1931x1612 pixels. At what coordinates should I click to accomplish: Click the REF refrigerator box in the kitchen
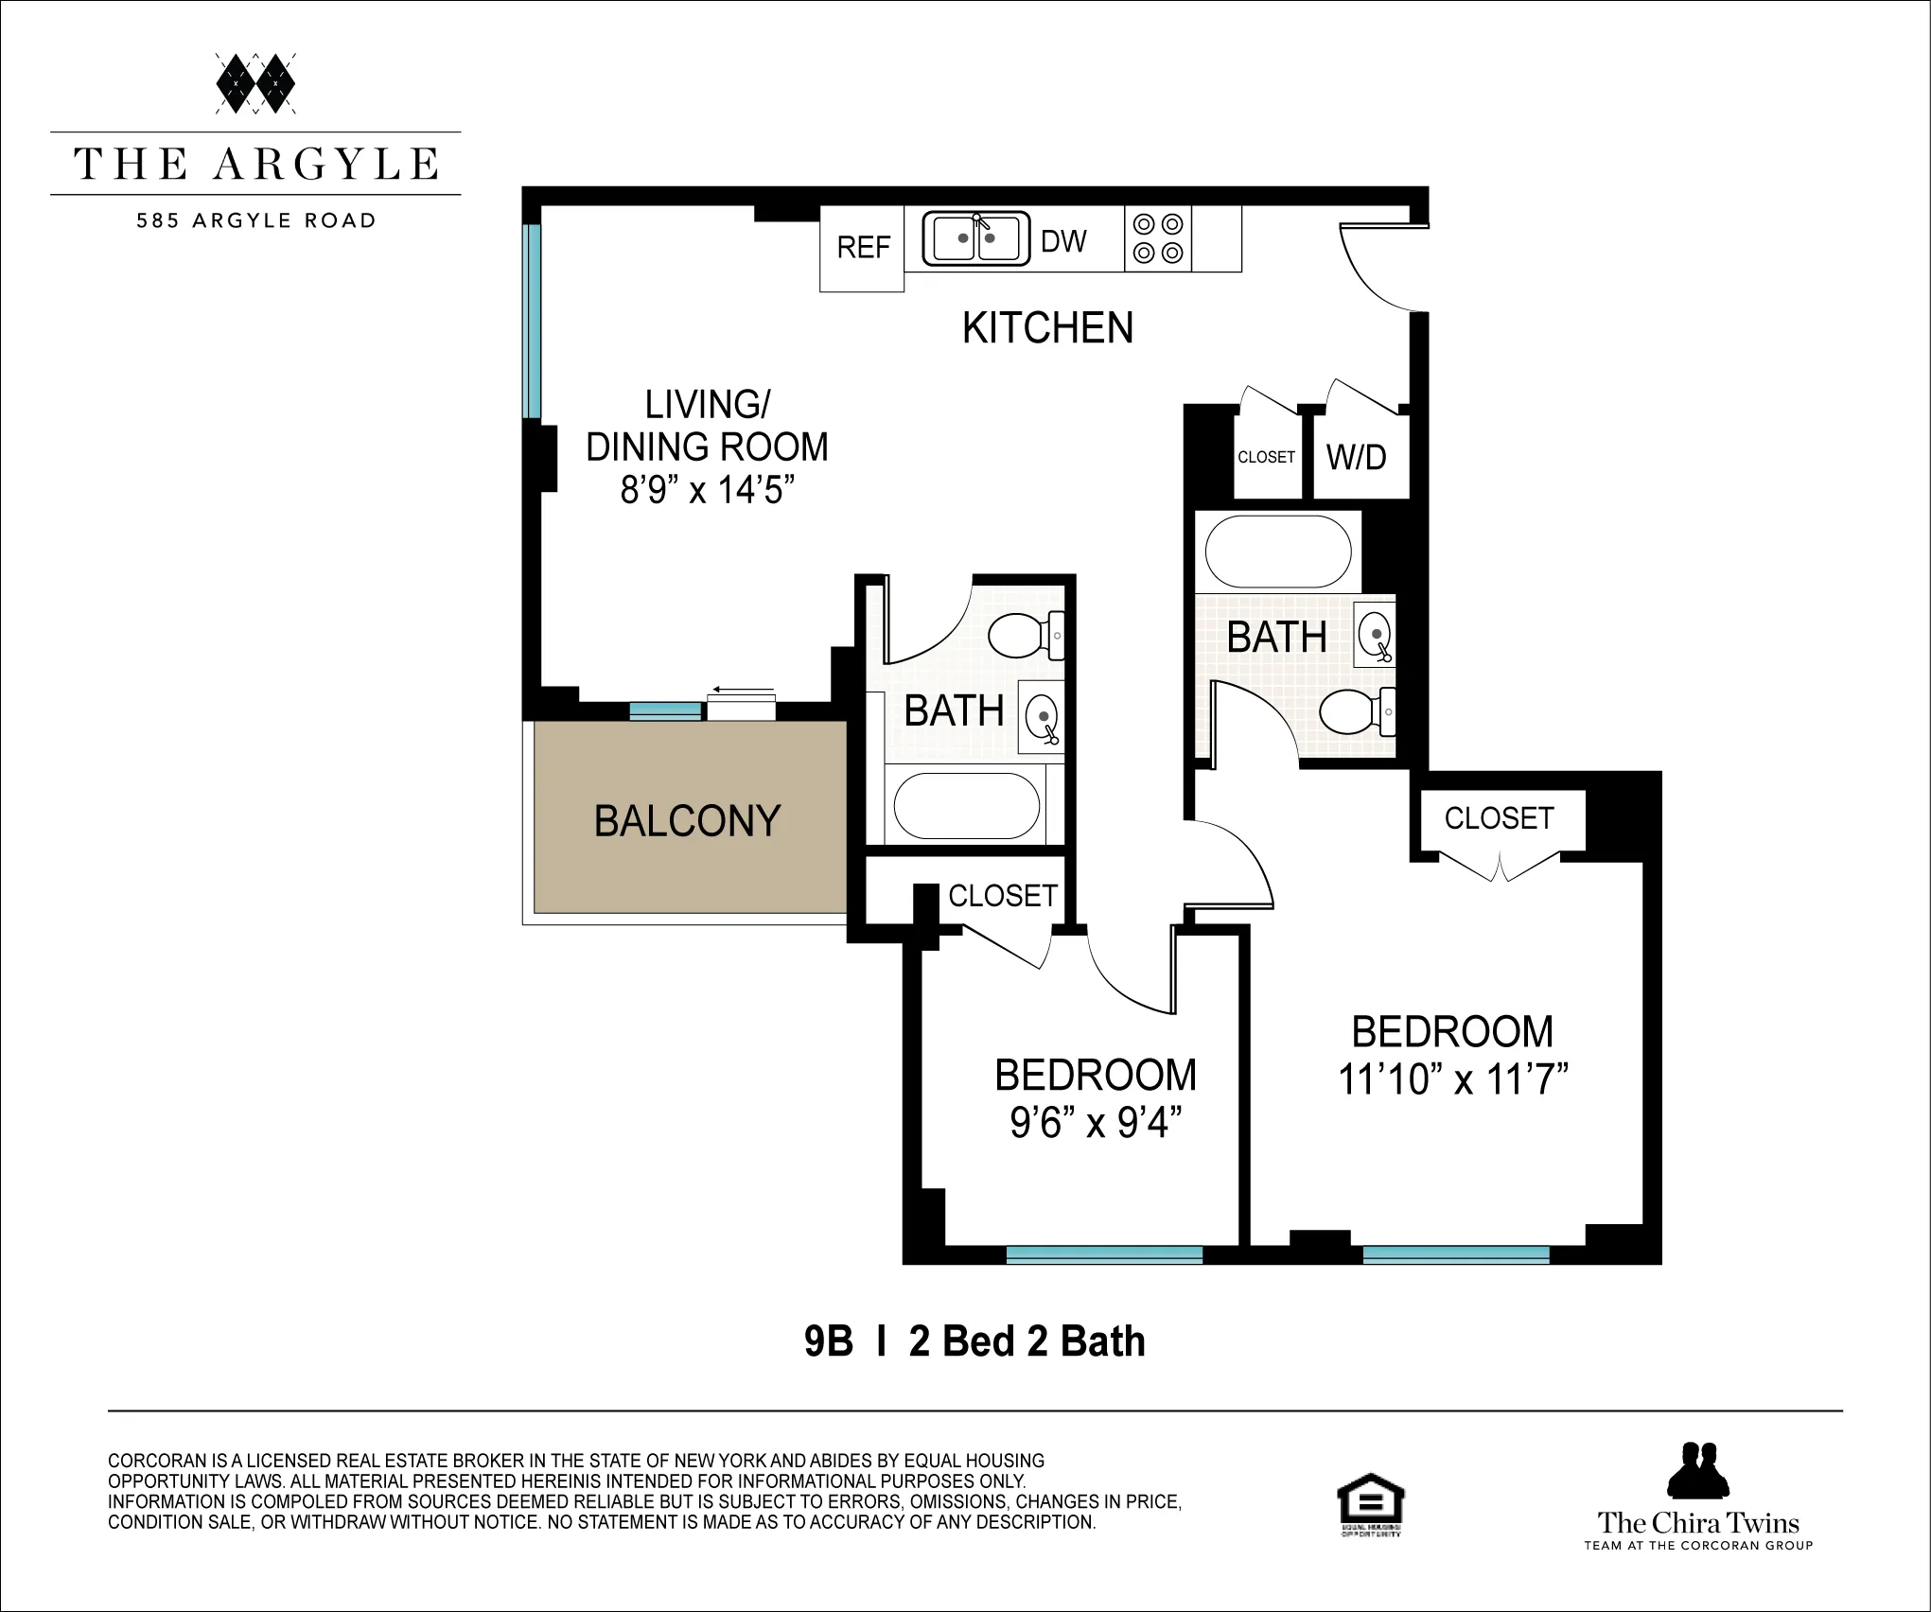862,248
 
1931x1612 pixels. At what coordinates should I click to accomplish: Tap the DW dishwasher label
1063,242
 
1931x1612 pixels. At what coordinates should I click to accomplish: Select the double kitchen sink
975,238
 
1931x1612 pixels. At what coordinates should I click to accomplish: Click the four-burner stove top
1158,238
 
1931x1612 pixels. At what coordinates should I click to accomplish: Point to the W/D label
1356,458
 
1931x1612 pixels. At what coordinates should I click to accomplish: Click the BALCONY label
687,821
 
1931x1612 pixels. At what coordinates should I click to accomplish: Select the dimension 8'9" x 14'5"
707,490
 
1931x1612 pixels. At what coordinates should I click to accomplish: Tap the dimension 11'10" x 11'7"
1452,1079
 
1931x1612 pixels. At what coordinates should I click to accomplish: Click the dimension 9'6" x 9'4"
1096,1123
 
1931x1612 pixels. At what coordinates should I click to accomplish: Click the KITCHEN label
1047,328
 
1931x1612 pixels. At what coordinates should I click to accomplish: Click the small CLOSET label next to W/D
1266,458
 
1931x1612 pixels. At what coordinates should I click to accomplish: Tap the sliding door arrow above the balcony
743,690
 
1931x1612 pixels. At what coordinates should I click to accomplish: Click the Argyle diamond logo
255,83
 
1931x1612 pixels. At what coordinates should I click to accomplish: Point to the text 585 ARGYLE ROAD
255,221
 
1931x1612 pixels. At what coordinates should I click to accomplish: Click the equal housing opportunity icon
1370,1504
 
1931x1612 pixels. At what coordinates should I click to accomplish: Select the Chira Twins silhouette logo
1697,1471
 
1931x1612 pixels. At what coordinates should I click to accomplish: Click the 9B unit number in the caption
828,1342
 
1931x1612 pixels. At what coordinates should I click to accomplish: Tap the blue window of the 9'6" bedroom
1103,1255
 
